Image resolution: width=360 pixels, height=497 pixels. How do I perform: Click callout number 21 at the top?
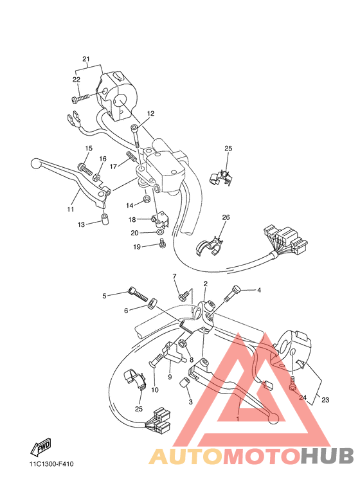pos(85,59)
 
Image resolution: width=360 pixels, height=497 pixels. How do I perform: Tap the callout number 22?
pos(76,80)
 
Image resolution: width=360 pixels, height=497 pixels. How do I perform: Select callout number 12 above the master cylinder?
pos(150,113)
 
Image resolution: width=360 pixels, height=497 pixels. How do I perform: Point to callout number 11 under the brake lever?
pos(71,210)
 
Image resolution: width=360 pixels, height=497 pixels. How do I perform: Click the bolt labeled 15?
pos(83,167)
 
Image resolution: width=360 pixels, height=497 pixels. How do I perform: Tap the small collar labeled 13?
pos(103,222)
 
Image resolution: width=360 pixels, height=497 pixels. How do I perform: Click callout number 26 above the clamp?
pos(226,217)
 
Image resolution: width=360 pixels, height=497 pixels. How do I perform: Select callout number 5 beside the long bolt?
pos(104,296)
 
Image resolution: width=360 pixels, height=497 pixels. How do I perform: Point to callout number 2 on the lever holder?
pos(205,284)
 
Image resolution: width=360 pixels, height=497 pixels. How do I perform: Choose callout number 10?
pos(154,390)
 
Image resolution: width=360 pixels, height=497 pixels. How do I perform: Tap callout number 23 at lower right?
pos(325,400)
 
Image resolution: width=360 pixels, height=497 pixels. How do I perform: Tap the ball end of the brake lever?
pos(35,165)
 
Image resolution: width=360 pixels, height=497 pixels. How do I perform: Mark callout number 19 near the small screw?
pos(137,246)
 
